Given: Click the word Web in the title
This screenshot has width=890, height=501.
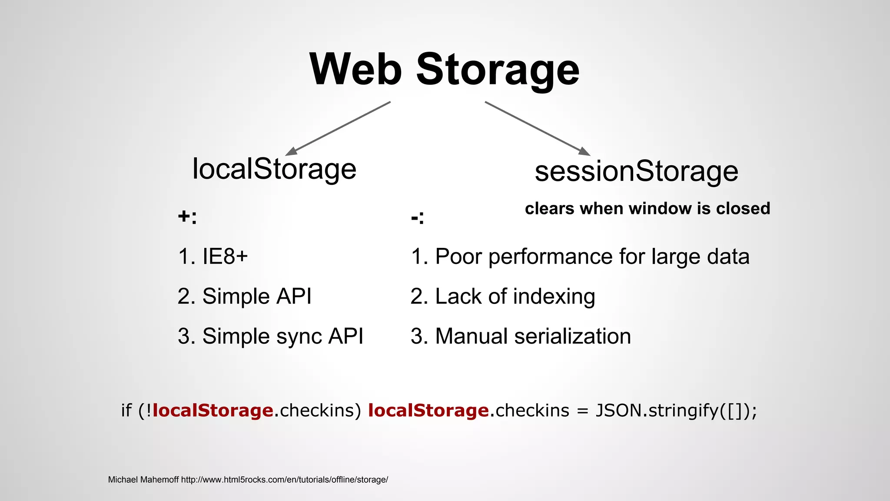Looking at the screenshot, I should coord(355,70).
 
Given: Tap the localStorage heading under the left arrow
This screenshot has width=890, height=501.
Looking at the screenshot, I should coord(274,169).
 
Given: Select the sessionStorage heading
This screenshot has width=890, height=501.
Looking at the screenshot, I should coord(636,171).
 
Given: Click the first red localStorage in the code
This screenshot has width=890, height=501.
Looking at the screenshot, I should coord(213,411).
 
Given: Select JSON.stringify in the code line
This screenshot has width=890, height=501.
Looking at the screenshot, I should coord(657,411).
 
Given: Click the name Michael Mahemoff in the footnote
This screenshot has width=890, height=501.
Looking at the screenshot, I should coord(143,480).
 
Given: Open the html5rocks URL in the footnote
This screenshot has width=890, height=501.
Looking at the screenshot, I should coord(285,480).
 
